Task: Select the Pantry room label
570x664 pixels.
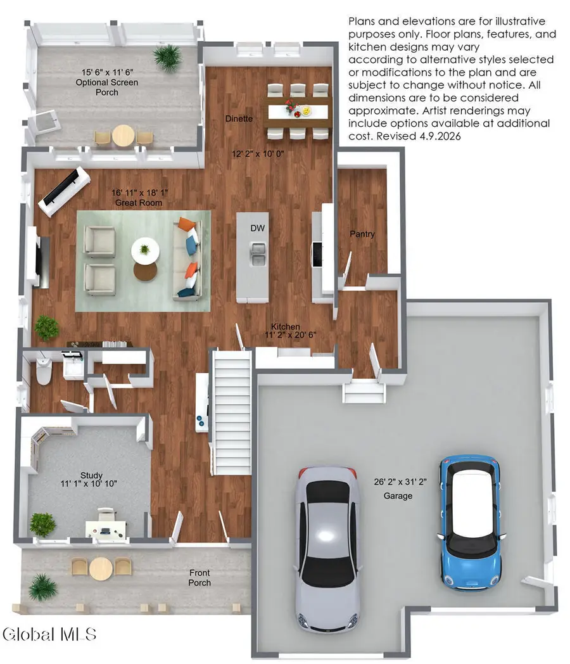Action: [362, 234]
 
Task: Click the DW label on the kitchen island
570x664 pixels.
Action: [257, 228]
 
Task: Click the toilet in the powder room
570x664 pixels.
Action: [43, 371]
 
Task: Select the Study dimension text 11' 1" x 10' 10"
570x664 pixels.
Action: [89, 483]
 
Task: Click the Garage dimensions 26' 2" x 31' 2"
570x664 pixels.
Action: [400, 482]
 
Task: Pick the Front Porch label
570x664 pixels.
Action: [199, 578]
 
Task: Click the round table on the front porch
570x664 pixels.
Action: [101, 568]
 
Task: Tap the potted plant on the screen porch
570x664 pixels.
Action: [168, 58]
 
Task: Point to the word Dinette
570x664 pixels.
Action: [239, 118]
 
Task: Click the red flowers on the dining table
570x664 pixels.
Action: [291, 105]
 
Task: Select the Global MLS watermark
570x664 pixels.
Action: [49, 634]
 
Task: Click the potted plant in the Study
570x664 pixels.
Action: [42, 524]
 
